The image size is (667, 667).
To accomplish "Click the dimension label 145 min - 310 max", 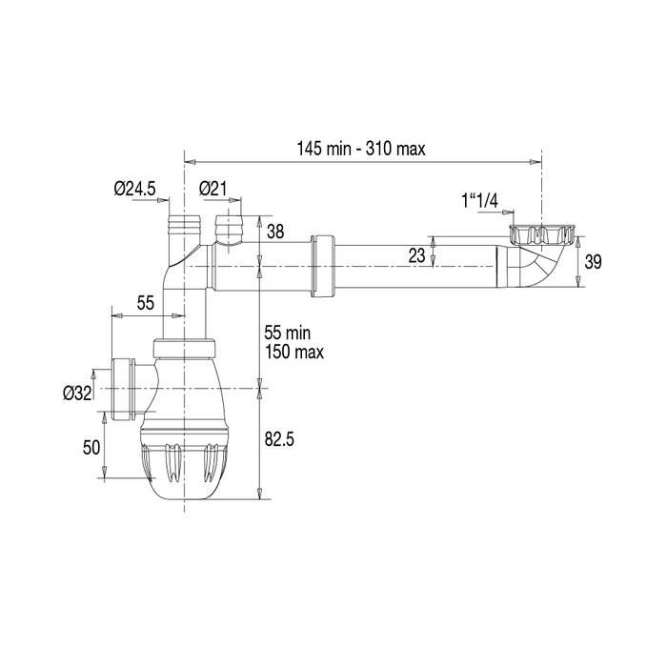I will (361, 148).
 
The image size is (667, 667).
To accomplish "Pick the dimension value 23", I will (415, 254).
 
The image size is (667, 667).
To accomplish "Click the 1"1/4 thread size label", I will (481, 201).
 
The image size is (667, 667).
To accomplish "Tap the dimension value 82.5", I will (278, 439).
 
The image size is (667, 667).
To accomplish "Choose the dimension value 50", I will (91, 447).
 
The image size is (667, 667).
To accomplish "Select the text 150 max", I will (293, 353).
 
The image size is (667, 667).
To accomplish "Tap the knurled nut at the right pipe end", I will (540, 233).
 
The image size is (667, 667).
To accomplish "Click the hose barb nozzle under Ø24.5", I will (180, 228).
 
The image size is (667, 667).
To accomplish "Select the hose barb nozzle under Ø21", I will (229, 230).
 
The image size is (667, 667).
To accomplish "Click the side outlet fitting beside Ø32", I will (123, 390).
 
